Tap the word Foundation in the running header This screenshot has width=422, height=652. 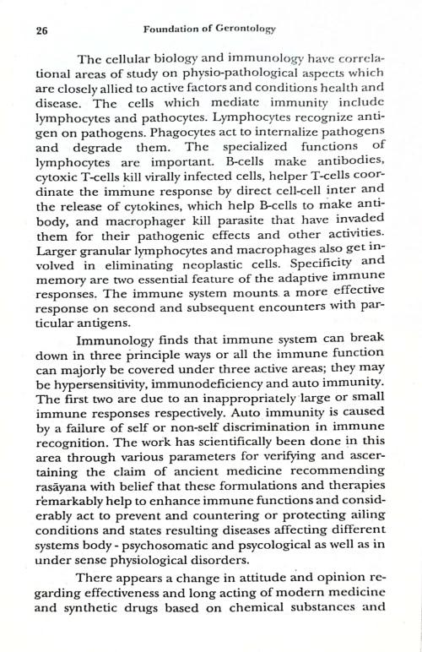pyautogui.click(x=172, y=30)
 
